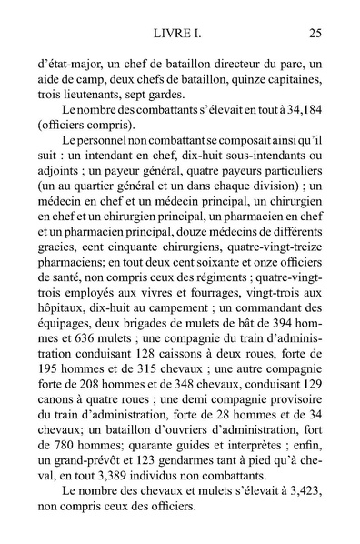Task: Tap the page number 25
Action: (315, 35)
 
